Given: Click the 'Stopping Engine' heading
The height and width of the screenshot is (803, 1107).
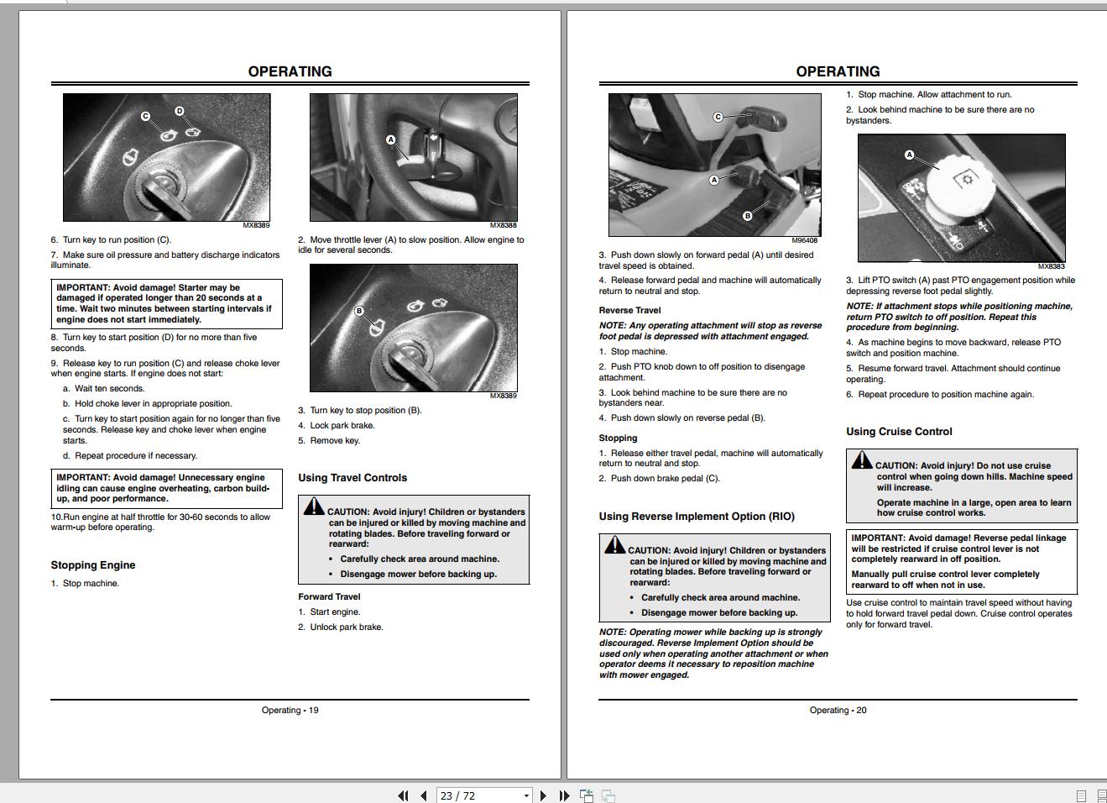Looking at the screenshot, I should click(x=93, y=565).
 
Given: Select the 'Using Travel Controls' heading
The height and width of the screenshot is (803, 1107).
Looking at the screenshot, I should click(x=352, y=478).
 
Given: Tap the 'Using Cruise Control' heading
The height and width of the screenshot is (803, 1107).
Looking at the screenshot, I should click(x=899, y=432).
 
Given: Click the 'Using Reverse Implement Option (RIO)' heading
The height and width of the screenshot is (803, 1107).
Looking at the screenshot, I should click(x=697, y=517).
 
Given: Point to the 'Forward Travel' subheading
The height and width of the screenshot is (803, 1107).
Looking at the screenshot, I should click(x=329, y=597).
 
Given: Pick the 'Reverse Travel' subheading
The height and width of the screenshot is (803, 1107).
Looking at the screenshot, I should click(x=629, y=311).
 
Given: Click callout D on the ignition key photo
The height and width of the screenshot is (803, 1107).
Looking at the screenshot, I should click(x=179, y=111).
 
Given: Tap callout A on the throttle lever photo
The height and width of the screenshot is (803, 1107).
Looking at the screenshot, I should click(x=390, y=139).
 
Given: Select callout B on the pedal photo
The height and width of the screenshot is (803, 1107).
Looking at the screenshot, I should click(x=747, y=216).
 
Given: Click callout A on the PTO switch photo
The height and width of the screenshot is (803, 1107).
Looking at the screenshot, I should click(x=909, y=155).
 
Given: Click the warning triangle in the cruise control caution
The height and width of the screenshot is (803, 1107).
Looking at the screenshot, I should click(x=862, y=460).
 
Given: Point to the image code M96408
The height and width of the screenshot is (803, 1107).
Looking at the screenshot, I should click(x=804, y=240).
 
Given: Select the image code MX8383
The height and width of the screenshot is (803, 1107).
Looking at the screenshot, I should click(x=1051, y=266).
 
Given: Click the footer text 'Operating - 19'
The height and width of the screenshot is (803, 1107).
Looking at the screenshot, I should click(x=290, y=711).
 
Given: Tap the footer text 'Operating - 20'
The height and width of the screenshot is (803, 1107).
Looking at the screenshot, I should click(x=838, y=711).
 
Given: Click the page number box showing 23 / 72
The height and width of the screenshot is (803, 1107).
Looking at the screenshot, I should click(x=479, y=795).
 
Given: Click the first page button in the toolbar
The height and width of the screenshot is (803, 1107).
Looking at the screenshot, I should click(x=403, y=795).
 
